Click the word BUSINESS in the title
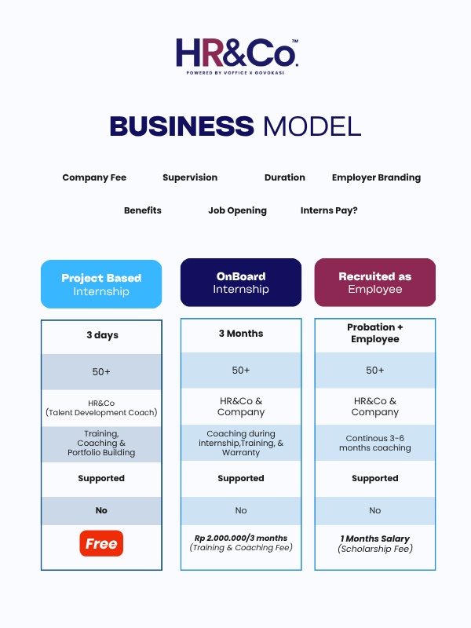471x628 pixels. pyautogui.click(x=181, y=126)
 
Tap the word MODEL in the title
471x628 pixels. pyautogui.click(x=312, y=126)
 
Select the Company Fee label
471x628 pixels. pyautogui.click(x=94, y=177)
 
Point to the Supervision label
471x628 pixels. pyautogui.click(x=190, y=177)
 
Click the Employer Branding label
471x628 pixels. pyautogui.click(x=376, y=177)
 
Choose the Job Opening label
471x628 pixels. pyautogui.click(x=237, y=210)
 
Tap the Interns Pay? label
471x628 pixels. pyautogui.click(x=329, y=210)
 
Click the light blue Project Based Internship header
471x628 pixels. pyautogui.click(x=101, y=284)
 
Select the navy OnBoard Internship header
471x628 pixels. pyautogui.click(x=241, y=283)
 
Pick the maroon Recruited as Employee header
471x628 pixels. pyautogui.click(x=375, y=283)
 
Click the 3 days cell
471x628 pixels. pyautogui.click(x=102, y=335)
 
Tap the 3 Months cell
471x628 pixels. pyautogui.click(x=241, y=334)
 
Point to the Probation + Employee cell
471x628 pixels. pyautogui.click(x=375, y=333)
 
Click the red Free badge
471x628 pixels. pyautogui.click(x=101, y=543)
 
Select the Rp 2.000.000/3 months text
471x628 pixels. pyautogui.click(x=241, y=539)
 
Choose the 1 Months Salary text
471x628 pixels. pyautogui.click(x=375, y=539)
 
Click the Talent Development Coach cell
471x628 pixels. pyautogui.click(x=101, y=407)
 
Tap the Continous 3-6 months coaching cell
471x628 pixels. pyautogui.click(x=375, y=443)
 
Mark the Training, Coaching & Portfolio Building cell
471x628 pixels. pyautogui.click(x=101, y=443)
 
